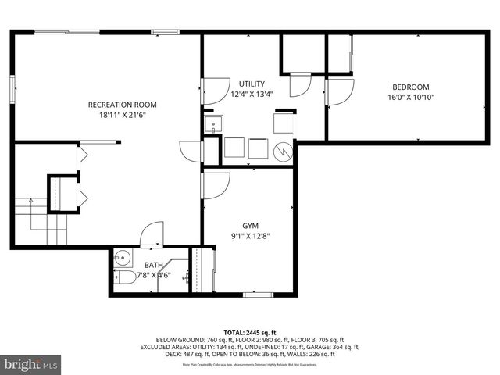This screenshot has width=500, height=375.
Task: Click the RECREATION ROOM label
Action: [122, 105]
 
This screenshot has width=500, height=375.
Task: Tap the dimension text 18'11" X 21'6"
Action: [122, 115]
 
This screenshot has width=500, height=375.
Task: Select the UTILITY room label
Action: [252, 84]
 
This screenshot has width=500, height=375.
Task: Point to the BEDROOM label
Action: [410, 87]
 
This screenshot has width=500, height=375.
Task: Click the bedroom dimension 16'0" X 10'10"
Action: [410, 98]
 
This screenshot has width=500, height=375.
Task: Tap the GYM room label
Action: [249, 225]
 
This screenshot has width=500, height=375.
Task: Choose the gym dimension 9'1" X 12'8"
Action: [249, 235]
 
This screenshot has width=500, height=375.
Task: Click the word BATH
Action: [153, 266]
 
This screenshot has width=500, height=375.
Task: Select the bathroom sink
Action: [122, 257]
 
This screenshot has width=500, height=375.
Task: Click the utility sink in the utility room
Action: [212, 125]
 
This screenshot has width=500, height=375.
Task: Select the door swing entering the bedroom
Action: [339, 92]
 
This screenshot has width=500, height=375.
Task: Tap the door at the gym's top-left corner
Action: [214, 184]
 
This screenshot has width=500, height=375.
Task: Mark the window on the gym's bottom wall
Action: [255, 295]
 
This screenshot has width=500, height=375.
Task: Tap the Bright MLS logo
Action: [31, 364]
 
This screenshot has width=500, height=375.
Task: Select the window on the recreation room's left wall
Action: [13, 88]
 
